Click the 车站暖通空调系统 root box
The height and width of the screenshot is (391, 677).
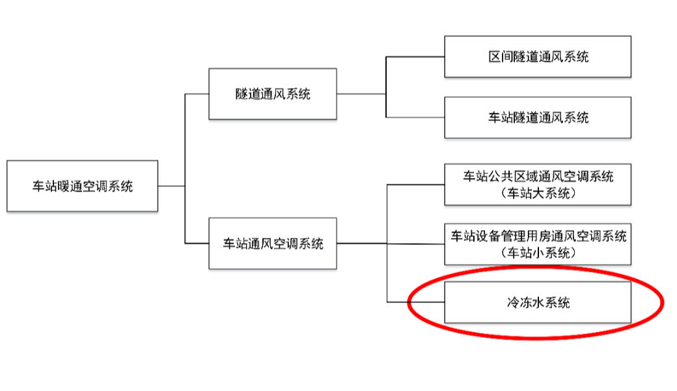[82, 186]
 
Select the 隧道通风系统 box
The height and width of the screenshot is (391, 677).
[273, 94]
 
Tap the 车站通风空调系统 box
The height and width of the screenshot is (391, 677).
[273, 244]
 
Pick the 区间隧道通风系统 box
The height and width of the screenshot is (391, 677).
[538, 57]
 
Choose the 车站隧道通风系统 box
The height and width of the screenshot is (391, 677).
[538, 117]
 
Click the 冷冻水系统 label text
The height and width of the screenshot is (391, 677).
[538, 302]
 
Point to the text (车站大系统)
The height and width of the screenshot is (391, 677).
[538, 194]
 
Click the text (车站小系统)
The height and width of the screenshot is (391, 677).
[538, 253]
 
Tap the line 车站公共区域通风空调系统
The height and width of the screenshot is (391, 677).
[538, 176]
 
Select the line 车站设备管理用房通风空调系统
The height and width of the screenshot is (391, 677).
[538, 236]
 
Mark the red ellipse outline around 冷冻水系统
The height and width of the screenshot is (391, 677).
[661, 302]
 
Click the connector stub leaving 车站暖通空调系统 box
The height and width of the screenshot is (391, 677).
[171, 186]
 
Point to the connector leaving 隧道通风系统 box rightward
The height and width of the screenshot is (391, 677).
[361, 94]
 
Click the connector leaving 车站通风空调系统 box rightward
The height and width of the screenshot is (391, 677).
[362, 244]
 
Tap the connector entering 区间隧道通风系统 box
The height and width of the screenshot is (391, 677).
[415, 57]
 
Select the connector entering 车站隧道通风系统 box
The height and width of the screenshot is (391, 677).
[415, 117]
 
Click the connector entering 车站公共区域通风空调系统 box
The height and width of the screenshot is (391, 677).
[416, 184]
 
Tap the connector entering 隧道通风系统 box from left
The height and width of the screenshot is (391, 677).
[197, 94]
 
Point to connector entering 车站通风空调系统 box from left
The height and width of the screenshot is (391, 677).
[197, 244]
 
